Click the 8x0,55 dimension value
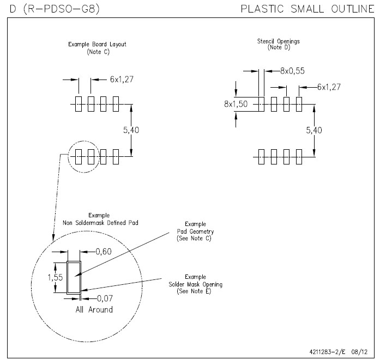click(292, 71)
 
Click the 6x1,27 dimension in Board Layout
click(122, 80)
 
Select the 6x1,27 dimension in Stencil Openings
click(331, 87)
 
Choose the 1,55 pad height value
click(55, 278)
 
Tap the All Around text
click(94, 309)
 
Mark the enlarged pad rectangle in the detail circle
click(74, 277)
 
